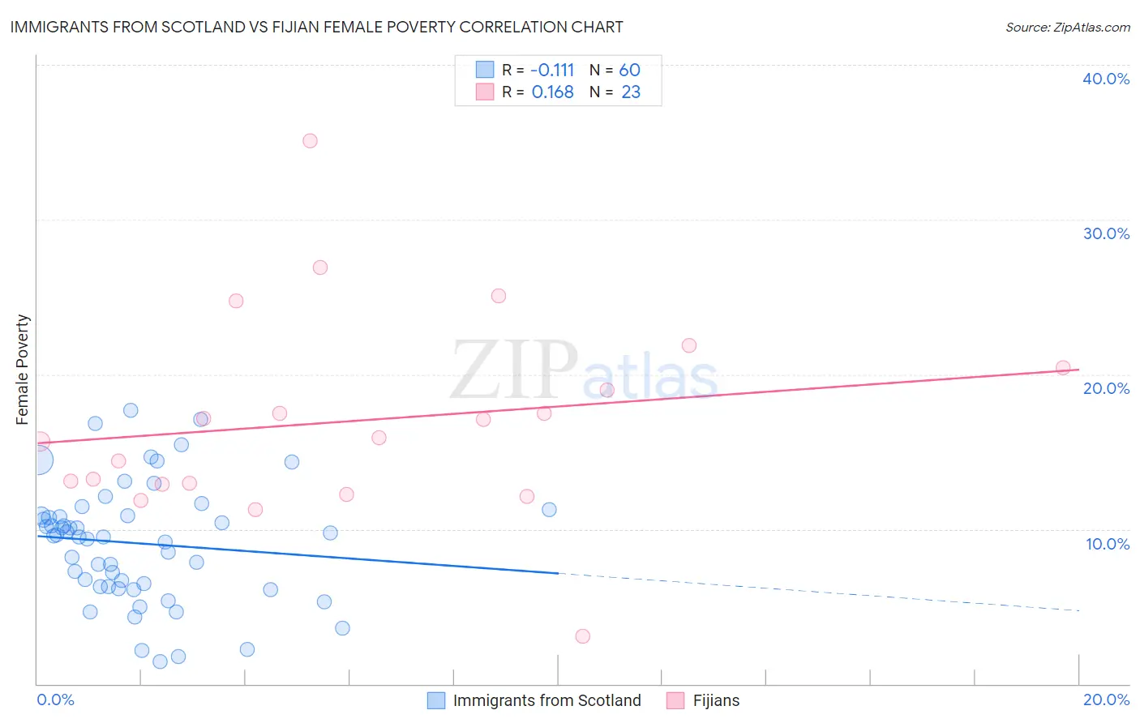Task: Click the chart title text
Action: pyautogui.click(x=316, y=27)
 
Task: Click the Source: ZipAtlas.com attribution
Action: pyautogui.click(x=1067, y=28)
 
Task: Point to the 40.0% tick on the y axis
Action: pyautogui.click(x=1105, y=79)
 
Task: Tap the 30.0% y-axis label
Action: pyautogui.click(x=1105, y=233)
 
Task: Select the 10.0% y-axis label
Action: pyautogui.click(x=1107, y=544)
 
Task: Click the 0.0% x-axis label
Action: pyautogui.click(x=55, y=699)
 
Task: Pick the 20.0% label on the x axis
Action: pyautogui.click(x=1106, y=699)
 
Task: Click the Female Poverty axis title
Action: pyautogui.click(x=23, y=370)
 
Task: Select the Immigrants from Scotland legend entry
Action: pyautogui.click(x=534, y=700)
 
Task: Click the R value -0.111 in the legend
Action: pyautogui.click(x=552, y=71)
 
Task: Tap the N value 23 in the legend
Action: pyautogui.click(x=631, y=92)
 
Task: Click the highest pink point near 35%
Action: pyautogui.click(x=310, y=140)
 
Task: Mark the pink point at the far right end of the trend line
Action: pyautogui.click(x=1063, y=368)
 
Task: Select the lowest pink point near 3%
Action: pyautogui.click(x=582, y=636)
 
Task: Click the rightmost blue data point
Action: pyautogui.click(x=549, y=510)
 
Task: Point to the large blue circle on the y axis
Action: pyautogui.click(x=38, y=460)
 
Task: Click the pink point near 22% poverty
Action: pyautogui.click(x=689, y=345)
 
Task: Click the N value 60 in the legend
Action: pyautogui.click(x=630, y=71)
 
